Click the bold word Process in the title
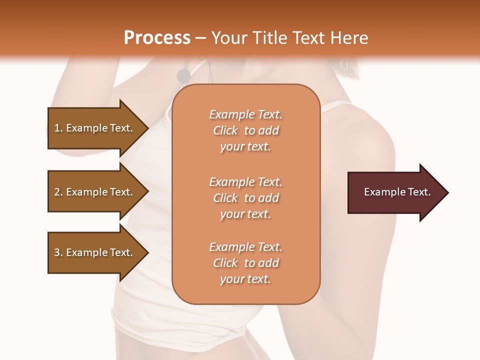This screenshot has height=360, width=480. point(157,38)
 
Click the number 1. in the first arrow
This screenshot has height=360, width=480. point(58,128)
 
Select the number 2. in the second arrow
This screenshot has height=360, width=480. point(58,192)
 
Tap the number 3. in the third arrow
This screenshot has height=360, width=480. point(58,252)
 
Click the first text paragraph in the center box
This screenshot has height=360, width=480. point(245,130)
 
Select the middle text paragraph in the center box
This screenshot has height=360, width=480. point(245,198)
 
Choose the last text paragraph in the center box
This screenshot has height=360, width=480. point(245,263)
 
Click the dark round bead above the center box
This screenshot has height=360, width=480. point(183,75)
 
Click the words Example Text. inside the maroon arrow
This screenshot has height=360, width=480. point(397,192)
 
